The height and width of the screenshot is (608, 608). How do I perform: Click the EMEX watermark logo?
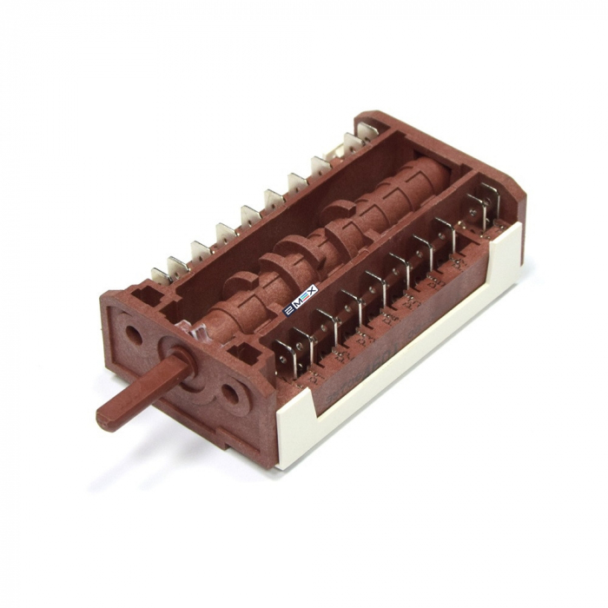click(301, 300)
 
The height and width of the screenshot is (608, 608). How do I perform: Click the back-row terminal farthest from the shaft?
click(368, 131)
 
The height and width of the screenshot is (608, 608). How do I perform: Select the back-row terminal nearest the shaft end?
click(160, 275)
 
